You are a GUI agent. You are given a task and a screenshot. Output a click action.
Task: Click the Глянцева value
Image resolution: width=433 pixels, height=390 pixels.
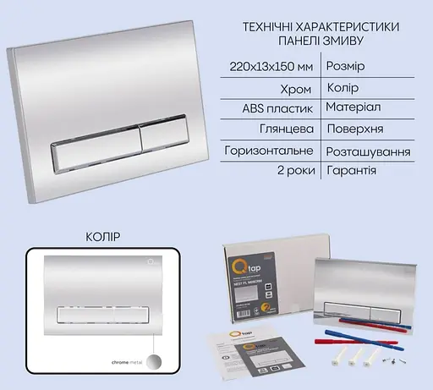click(287, 130)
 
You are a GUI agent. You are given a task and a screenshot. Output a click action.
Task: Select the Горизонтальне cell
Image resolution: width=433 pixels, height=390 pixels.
click(271, 151)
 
